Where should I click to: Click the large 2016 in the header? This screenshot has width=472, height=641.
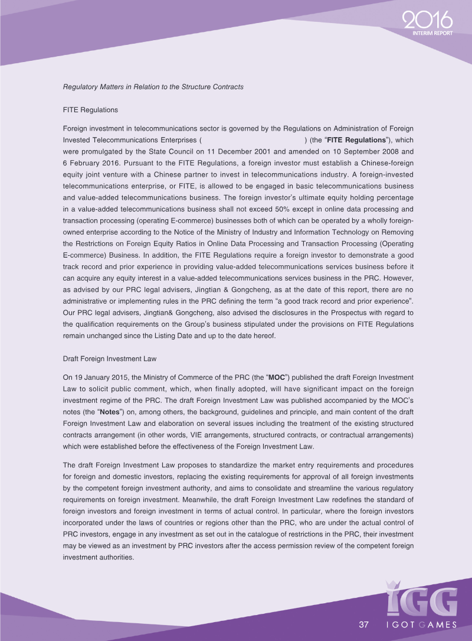point(428,21)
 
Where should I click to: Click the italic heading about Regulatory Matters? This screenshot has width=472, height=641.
point(153,87)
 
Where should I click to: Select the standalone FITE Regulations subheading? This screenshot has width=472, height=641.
point(90,110)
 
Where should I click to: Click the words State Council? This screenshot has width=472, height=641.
point(155,151)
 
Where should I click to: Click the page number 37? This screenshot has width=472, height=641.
point(363,624)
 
